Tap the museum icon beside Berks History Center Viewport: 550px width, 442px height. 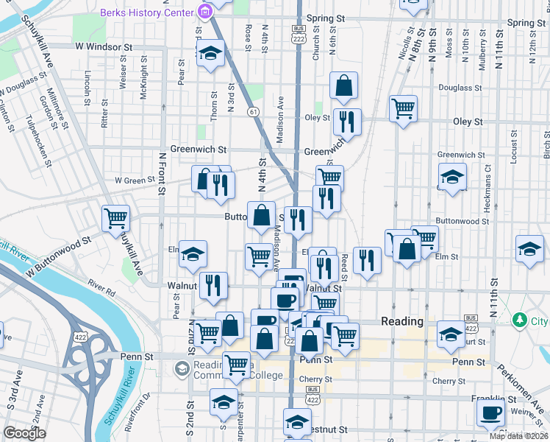coord(204,12)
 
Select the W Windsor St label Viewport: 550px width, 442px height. coord(103,46)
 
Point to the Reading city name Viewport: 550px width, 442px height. coord(402,322)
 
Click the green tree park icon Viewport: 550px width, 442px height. coord(521,320)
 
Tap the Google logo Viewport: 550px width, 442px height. coord(25,433)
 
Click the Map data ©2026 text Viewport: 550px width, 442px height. coord(518,436)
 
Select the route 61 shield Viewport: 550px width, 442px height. coord(254,111)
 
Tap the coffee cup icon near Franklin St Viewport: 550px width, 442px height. coord(490,412)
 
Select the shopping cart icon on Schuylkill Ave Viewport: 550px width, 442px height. coord(115,217)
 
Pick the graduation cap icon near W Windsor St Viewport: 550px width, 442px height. coord(210,54)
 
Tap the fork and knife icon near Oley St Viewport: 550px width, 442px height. coord(347,121)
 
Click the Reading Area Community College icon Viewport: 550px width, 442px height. coord(182,367)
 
